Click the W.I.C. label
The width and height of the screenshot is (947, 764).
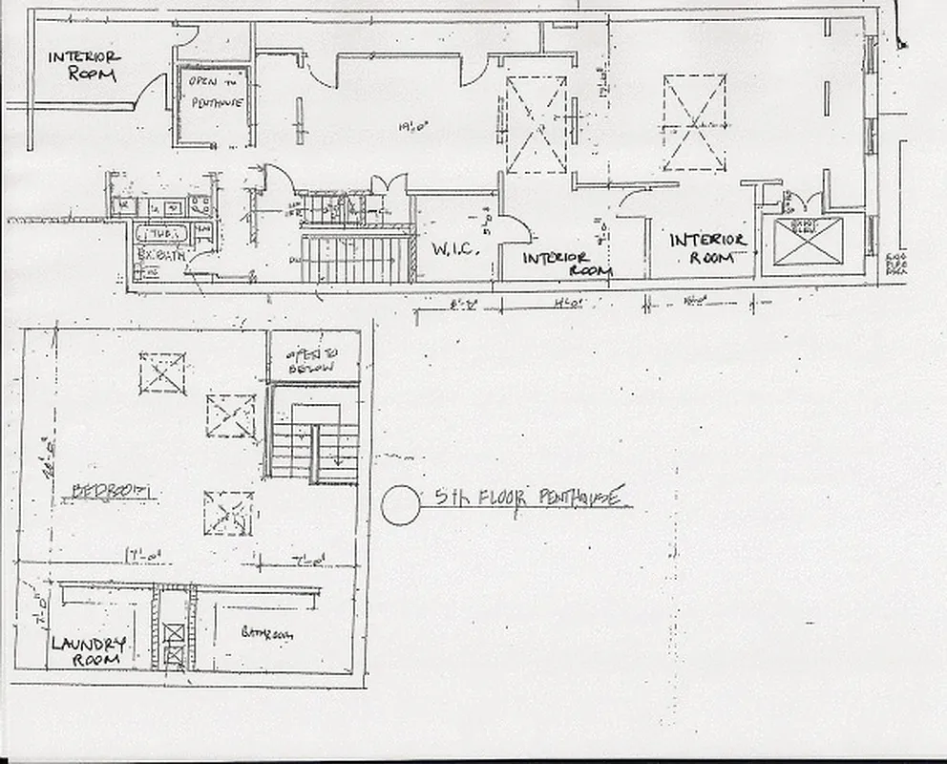click(x=452, y=250)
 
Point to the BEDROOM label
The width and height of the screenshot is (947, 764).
click(x=115, y=492)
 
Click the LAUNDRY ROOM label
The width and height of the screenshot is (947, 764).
click(x=87, y=650)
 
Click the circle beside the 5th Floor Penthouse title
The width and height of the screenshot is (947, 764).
click(x=400, y=504)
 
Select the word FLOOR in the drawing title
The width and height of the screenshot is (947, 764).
click(x=494, y=498)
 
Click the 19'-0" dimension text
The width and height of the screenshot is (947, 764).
click(x=414, y=124)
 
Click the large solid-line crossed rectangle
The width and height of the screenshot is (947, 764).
click(x=808, y=241)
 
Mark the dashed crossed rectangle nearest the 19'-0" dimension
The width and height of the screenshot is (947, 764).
click(x=536, y=125)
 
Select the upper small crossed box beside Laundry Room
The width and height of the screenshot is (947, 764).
click(x=174, y=632)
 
